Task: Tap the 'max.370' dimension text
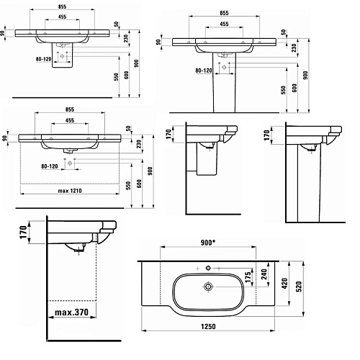pyautogui.click(x=76, y=313)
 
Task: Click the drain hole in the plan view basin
pyautogui.click(x=210, y=286)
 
